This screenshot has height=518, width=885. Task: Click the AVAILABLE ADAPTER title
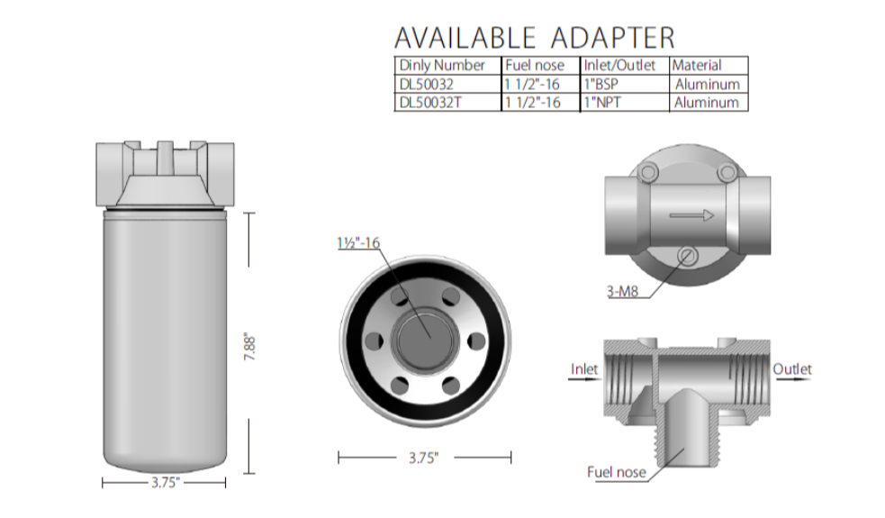pos(534,38)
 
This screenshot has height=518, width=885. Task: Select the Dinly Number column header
pos(442,66)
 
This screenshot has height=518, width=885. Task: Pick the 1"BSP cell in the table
pos(601,84)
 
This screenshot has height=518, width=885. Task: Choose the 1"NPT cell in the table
pos(602,102)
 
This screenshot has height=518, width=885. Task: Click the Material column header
pos(697,66)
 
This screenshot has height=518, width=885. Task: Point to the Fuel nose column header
pos(535,66)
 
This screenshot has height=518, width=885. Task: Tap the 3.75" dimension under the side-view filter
pos(166,482)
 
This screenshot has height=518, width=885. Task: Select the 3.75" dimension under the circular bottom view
pos(423,458)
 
